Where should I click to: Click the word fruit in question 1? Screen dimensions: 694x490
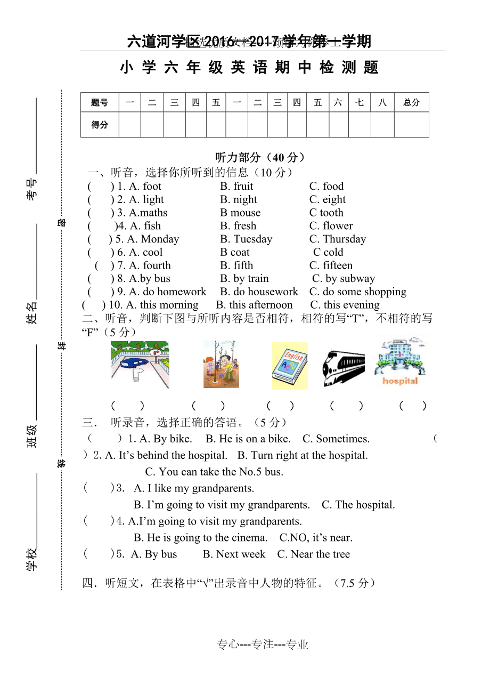coord(243,187)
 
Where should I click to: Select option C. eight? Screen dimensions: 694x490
coord(328,200)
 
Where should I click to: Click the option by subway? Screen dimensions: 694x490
coord(344,279)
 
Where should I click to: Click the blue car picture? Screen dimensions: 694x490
coord(140,365)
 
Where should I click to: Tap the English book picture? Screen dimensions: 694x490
coord(290,366)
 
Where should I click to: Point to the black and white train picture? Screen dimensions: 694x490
coord(344,367)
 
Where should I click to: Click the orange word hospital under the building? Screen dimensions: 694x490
coord(400,381)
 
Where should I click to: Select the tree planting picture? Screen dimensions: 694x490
coord(221,365)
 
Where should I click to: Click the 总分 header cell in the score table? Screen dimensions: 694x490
coord(411,102)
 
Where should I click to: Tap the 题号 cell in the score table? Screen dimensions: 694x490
coord(100,102)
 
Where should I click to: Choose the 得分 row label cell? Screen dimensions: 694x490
coord(100,125)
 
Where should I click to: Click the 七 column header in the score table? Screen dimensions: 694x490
coord(360,102)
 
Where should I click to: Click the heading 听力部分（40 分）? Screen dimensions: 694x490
coord(260,158)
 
